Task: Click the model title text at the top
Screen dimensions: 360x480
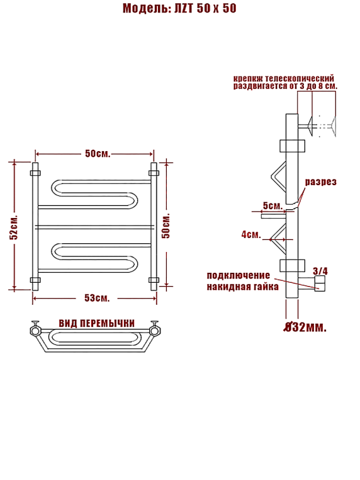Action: pyautogui.click(x=179, y=8)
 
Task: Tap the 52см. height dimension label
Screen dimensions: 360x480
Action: pyautogui.click(x=14, y=227)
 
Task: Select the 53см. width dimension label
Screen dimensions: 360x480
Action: pyautogui.click(x=97, y=298)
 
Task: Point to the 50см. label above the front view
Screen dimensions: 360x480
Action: pyautogui.click(x=98, y=153)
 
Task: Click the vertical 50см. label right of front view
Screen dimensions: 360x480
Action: pyautogui.click(x=166, y=226)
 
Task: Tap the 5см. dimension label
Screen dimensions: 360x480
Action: pyautogui.click(x=273, y=205)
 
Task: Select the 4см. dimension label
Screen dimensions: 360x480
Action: pyautogui.click(x=251, y=234)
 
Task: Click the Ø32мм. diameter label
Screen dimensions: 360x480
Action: pyautogui.click(x=305, y=328)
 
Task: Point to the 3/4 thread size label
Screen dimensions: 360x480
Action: pyautogui.click(x=320, y=271)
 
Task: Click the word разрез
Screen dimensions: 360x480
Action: pyautogui.click(x=320, y=181)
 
